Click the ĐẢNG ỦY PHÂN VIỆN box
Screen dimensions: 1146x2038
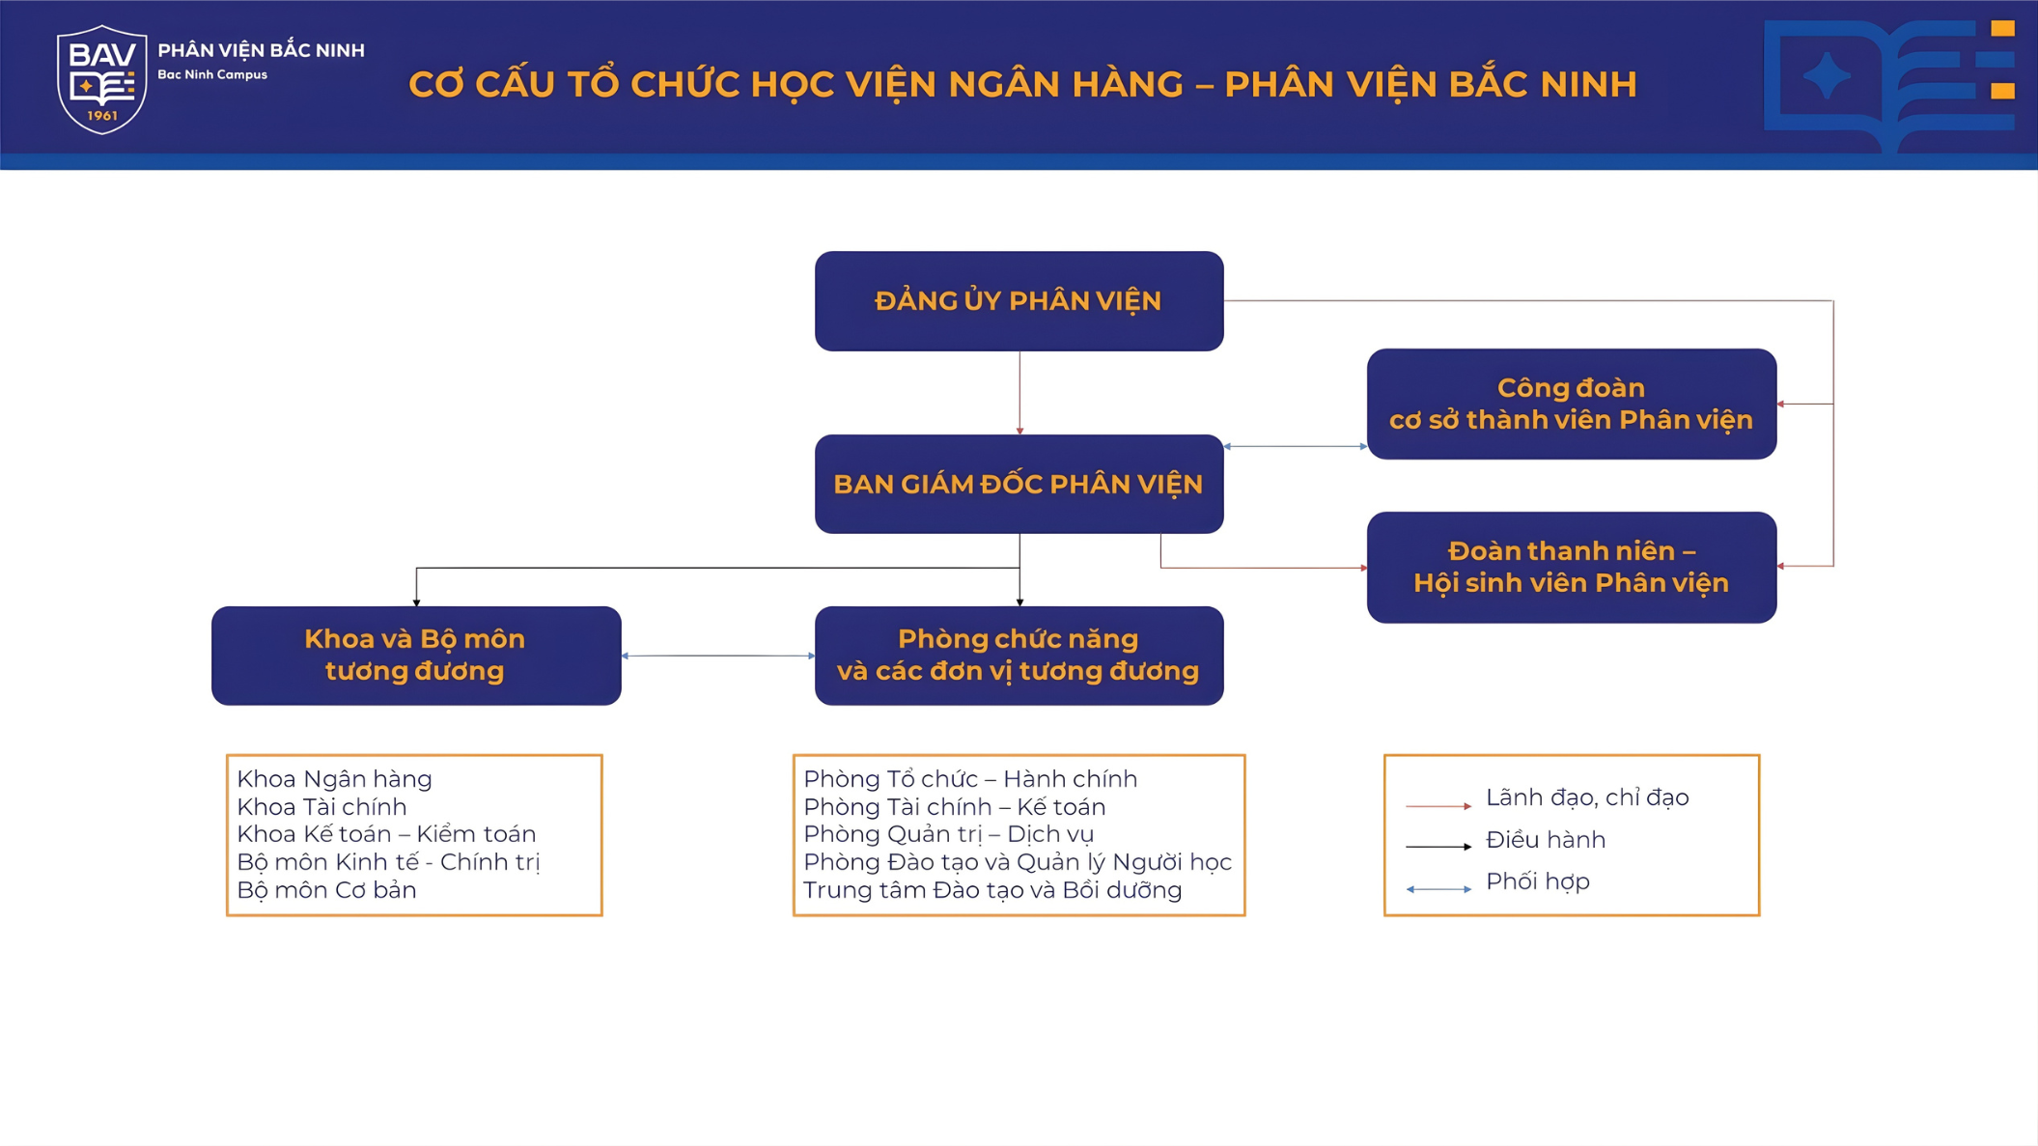[x=1019, y=301]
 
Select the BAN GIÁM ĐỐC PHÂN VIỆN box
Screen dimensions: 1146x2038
[x=1019, y=484]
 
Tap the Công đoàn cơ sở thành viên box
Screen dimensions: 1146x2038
[x=1571, y=404]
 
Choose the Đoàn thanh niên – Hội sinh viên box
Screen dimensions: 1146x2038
[x=1571, y=567]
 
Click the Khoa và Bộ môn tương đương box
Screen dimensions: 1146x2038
[x=415, y=656]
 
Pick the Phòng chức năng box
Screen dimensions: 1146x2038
[x=1019, y=656]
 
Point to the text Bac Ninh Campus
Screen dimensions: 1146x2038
[x=212, y=74]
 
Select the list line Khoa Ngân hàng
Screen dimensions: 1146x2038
[x=334, y=779]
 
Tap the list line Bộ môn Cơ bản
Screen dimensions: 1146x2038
[x=326, y=890]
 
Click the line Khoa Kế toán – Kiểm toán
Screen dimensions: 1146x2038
[x=386, y=834]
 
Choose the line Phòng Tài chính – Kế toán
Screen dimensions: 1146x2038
[x=954, y=807]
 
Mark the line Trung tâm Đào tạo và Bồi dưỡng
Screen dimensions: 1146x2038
[x=992, y=890]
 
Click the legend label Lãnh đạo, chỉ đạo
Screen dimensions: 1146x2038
[x=1586, y=797]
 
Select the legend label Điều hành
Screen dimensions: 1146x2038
[x=1545, y=840]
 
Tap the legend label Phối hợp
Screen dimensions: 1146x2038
[x=1537, y=881]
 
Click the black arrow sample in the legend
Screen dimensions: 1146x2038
[x=1438, y=847]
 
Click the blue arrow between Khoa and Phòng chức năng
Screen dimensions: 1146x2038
[x=718, y=656]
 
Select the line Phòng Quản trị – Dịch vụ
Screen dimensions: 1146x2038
[x=948, y=834]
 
